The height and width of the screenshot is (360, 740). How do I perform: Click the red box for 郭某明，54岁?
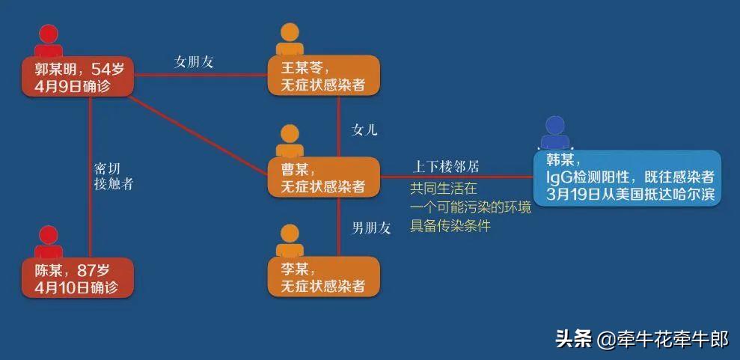(77, 77)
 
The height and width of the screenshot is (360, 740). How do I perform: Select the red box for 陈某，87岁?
(77, 278)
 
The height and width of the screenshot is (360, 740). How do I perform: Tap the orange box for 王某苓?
(324, 76)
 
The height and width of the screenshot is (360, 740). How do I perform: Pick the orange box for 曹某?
(324, 177)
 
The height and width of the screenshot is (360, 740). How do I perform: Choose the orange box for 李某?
(324, 276)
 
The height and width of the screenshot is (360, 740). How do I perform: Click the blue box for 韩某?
(627, 177)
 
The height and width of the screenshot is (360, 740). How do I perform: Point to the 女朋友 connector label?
(194, 62)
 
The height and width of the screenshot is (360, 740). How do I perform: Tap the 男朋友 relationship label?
(371, 228)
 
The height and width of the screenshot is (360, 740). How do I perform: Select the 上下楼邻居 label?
(447, 167)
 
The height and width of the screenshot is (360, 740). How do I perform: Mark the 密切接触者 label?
(113, 177)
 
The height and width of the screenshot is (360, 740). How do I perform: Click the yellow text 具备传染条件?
(450, 226)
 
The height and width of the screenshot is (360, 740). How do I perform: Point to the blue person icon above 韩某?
(555, 133)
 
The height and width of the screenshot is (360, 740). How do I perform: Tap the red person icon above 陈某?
(49, 242)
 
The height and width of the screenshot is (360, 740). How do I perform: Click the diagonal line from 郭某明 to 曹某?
(199, 135)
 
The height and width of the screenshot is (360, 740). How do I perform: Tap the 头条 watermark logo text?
(573, 338)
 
